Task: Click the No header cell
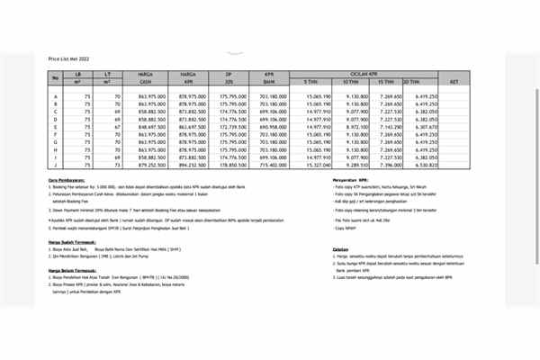pos(57,76)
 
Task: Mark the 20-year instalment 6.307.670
pos(422,128)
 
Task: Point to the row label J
pos(57,166)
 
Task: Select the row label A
pos(57,95)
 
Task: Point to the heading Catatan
pos(341,249)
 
